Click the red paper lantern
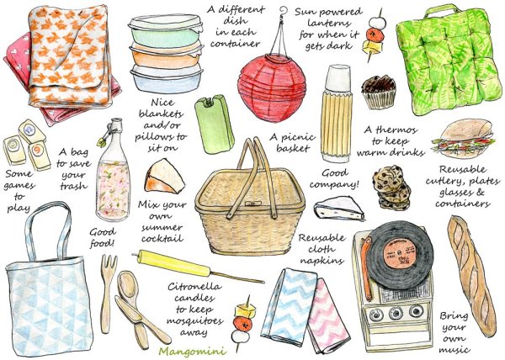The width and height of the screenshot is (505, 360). pos(272,87)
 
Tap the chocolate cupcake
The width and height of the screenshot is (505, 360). pos(379,92)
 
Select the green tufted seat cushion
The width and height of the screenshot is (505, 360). pos(449,61)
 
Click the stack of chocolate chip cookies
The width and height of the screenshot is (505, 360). pos(391,188)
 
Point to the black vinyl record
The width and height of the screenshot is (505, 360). pos(399,254)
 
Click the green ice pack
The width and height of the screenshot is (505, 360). pos(214,124)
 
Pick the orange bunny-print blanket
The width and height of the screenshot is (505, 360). pos(69,56)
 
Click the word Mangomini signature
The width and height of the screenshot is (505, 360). pos(192,352)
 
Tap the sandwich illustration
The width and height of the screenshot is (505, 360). pos(463,138)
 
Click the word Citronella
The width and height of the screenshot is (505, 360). pos(194,286)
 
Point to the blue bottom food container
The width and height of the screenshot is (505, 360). pos(166,81)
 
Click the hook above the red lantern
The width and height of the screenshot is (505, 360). pos(283,11)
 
